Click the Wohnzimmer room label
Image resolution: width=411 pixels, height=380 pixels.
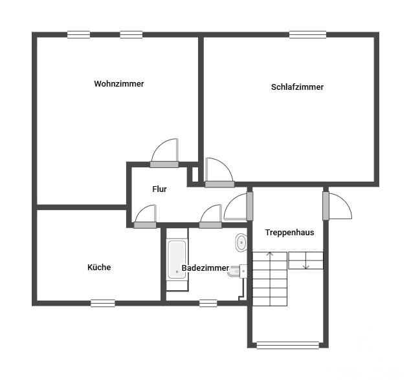click(x=119, y=84)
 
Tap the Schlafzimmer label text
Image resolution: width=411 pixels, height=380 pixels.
click(x=297, y=87)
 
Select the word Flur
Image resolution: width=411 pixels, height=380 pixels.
click(x=159, y=189)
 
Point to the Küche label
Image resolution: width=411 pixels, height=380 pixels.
click(x=99, y=267)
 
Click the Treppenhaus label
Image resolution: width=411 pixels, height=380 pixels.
click(x=289, y=233)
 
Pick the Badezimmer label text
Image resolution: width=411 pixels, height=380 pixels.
click(x=206, y=268)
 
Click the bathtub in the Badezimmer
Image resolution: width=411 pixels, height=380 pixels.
click(x=177, y=259)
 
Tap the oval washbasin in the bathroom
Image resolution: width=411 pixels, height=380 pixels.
click(x=241, y=242)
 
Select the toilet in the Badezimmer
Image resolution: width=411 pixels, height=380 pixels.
click(x=238, y=271)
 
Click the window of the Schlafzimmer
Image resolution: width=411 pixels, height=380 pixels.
click(x=307, y=34)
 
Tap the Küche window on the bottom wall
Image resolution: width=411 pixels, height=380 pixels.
click(x=103, y=303)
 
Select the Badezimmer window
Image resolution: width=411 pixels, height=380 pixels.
click(x=208, y=303)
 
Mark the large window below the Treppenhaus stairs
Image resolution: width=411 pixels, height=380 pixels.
click(x=288, y=345)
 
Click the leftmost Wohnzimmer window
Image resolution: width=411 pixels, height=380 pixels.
click(x=78, y=34)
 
